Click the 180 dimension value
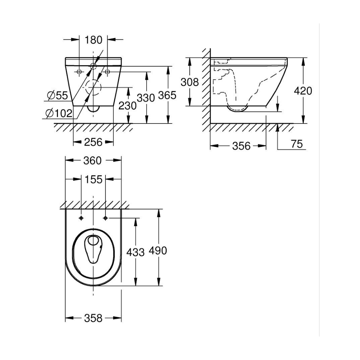(94, 40)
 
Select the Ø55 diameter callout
(57, 95)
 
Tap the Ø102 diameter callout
(59, 113)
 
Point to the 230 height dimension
(128, 105)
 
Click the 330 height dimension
(146, 98)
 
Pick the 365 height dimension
(167, 95)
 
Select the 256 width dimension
(94, 142)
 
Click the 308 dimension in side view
(190, 82)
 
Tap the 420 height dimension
(303, 90)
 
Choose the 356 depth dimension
(240, 146)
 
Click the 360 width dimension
(93, 161)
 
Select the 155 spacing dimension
(93, 179)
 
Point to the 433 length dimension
(136, 252)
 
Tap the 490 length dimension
(158, 250)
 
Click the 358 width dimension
(93, 318)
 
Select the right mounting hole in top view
(105, 218)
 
